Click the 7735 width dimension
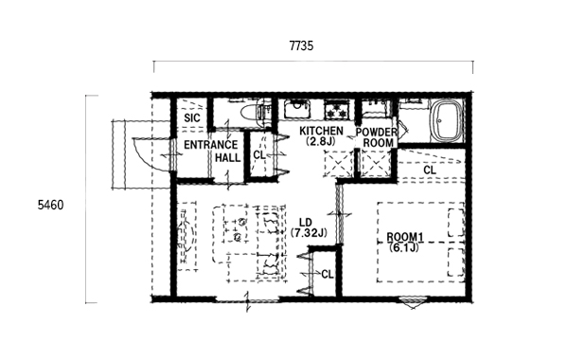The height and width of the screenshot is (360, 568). pos(301,46)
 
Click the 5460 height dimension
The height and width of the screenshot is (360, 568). pos(50,206)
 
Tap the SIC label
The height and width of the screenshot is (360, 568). pos(192,118)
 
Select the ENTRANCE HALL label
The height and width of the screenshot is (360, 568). pos(211,152)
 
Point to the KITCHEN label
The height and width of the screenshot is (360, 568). pos(321,130)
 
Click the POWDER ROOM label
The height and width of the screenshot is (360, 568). pos(377,137)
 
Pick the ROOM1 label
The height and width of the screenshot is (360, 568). pos(405,238)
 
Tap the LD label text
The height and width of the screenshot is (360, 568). pos(306,223)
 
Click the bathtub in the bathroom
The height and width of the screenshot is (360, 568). pos(447,120)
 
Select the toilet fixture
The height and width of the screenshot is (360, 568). pos(250,113)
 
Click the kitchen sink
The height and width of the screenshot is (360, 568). pos(297,108)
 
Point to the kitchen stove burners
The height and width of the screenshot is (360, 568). pos(337,109)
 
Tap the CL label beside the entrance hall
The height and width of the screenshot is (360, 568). pos(259,155)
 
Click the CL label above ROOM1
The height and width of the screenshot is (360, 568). pos(430,170)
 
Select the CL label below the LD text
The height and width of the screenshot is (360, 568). pos(328,275)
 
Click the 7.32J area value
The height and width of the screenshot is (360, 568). pos(309,233)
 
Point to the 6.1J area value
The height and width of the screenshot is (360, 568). pos(404,247)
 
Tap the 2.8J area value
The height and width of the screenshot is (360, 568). pos(321,141)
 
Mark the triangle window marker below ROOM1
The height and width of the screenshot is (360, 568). pos(413,303)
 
